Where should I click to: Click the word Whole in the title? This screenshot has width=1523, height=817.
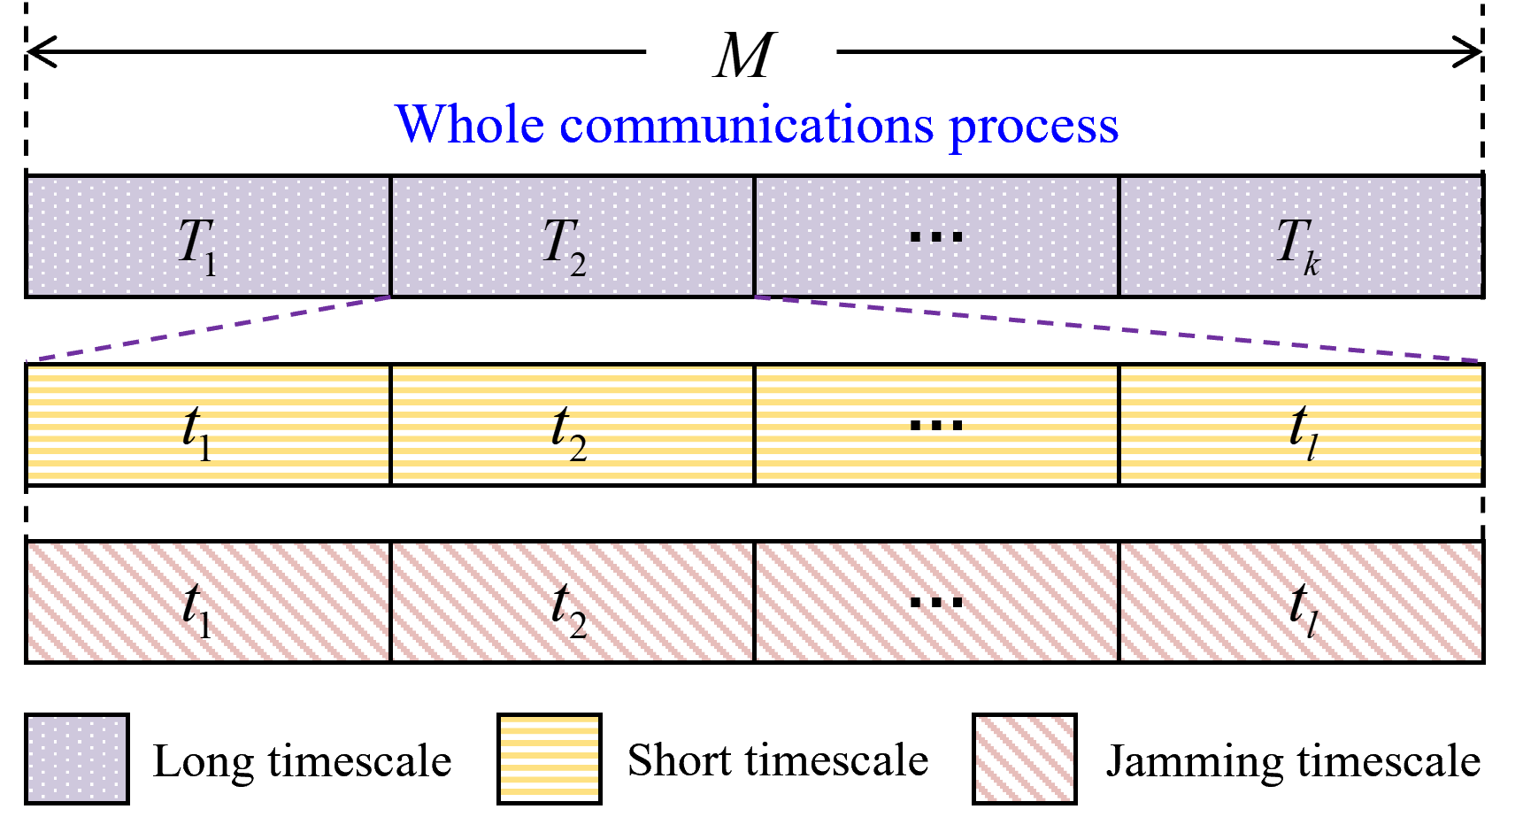tap(469, 124)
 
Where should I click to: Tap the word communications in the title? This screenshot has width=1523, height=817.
tap(746, 124)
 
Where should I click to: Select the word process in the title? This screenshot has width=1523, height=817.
tap(1034, 127)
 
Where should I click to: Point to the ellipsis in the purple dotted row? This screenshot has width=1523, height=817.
tap(935, 236)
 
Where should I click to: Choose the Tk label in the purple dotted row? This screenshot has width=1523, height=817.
tap(1298, 245)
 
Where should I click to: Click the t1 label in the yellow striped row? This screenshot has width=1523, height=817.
tap(196, 432)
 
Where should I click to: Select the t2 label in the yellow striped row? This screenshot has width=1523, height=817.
tap(568, 432)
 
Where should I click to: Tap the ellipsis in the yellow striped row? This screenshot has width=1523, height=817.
tap(935, 425)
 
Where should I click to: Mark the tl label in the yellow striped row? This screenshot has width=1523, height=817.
tap(1303, 432)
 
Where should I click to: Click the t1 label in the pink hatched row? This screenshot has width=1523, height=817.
tap(196, 609)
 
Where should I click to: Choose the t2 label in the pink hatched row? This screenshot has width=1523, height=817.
tap(568, 609)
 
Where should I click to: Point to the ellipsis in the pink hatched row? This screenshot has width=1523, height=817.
tap(935, 602)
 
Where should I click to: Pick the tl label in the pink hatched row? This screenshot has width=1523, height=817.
tap(1303, 609)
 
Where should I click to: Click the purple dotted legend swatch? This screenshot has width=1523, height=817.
tap(77, 759)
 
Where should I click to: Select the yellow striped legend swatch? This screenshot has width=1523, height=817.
tap(550, 759)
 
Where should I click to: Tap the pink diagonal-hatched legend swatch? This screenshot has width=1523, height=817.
tap(1025, 759)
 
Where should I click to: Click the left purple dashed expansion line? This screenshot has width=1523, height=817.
tap(209, 329)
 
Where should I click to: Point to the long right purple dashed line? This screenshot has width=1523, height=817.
tap(1117, 329)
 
